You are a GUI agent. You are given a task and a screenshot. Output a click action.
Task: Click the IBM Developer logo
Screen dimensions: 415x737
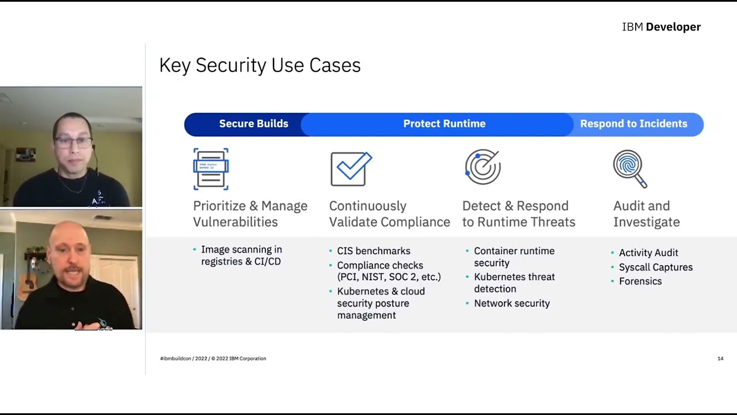pos(661,27)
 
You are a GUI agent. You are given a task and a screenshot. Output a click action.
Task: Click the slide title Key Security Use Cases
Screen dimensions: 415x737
pos(260,66)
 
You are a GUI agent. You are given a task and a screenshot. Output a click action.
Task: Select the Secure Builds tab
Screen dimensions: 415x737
pos(253,124)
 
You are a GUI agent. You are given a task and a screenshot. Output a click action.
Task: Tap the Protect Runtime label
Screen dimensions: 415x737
pos(444,124)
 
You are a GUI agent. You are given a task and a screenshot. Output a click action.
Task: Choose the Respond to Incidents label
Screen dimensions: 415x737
pos(633,124)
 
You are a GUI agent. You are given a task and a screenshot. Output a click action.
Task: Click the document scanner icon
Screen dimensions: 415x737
pos(211,169)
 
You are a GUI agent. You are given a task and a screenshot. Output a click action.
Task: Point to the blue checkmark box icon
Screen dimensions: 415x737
pos(351,169)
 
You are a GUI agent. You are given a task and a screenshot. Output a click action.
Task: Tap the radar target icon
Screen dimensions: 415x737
pos(483,168)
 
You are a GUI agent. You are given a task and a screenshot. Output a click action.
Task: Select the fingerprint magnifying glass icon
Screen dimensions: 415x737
pos(630,169)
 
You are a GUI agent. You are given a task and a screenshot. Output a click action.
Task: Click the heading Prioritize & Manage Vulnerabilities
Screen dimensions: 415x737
pos(250,214)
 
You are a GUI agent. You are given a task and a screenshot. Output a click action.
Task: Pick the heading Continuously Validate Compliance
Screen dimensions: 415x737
pos(389,214)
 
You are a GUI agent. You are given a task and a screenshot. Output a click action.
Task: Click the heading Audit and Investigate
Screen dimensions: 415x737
pos(646,214)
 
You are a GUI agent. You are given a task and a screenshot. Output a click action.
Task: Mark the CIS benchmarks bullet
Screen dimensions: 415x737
pos(373,251)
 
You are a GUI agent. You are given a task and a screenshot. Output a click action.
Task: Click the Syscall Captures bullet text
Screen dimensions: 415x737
pos(655,267)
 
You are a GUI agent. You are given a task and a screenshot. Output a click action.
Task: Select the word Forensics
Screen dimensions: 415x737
pos(640,281)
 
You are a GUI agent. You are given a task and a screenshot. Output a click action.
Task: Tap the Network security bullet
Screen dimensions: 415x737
pos(511,304)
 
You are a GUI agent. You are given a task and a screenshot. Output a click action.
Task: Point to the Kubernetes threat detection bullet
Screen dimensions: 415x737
pos(514,283)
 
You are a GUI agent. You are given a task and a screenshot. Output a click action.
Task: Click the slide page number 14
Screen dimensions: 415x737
pos(720,359)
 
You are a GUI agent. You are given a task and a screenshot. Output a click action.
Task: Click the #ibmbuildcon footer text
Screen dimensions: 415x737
pos(212,359)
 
